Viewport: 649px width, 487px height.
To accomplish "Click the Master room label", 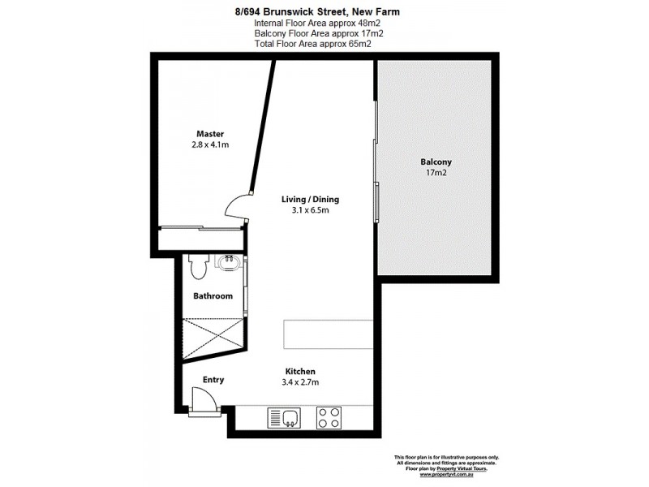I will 209,134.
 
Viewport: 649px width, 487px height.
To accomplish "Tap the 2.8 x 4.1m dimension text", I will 209,145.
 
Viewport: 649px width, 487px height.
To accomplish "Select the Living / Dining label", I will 310,199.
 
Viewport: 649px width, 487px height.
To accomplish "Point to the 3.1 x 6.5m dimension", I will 310,210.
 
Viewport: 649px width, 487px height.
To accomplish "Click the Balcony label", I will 436,162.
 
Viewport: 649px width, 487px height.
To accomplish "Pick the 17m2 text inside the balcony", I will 436,173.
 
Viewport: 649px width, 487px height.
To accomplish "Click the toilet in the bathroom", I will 197,266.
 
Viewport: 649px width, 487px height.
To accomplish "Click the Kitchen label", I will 299,371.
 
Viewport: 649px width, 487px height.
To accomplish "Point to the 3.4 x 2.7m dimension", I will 299,382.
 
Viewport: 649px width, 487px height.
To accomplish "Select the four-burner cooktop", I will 328,417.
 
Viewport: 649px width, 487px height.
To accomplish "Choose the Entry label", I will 213,379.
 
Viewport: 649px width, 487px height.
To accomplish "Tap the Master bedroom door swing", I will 236,208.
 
